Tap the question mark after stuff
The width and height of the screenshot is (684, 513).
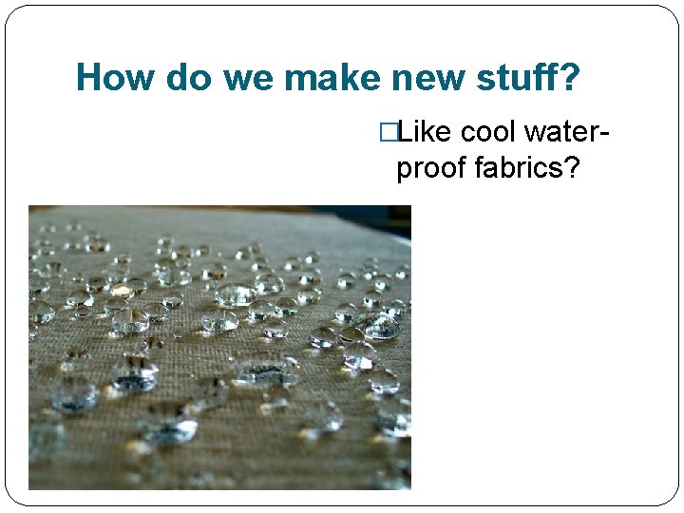coord(569,78)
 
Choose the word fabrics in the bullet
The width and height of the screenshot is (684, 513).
coord(514,168)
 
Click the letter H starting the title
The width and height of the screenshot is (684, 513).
coord(87,78)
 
